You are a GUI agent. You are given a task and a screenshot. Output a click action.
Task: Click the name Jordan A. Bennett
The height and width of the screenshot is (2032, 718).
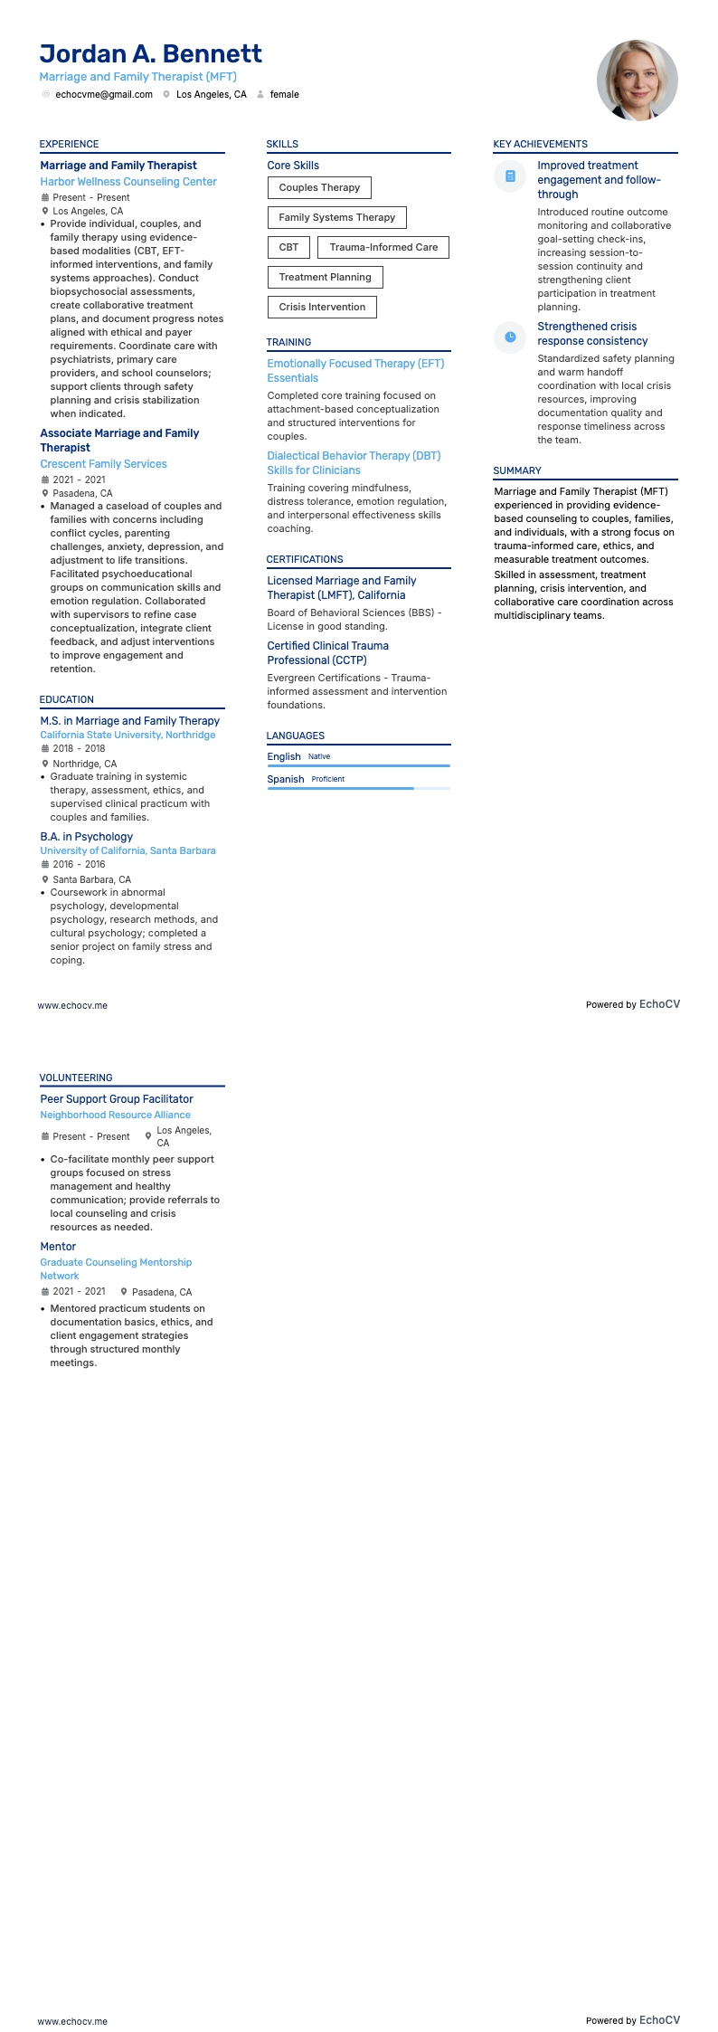click(150, 54)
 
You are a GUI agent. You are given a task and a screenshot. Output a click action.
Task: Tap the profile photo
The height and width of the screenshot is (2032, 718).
click(637, 81)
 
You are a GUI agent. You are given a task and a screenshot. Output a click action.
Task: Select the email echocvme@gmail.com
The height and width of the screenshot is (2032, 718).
click(103, 94)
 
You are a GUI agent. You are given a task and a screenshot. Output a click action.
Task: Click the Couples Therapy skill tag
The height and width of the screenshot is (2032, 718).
click(319, 188)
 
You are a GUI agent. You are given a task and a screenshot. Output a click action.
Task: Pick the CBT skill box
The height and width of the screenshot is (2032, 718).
click(288, 247)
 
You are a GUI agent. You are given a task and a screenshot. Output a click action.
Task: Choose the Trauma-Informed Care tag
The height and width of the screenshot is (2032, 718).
click(383, 247)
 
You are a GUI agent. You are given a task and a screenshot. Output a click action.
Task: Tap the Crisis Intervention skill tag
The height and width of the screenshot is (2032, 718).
click(322, 307)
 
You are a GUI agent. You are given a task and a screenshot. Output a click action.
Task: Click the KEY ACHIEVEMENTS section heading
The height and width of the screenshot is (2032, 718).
click(540, 144)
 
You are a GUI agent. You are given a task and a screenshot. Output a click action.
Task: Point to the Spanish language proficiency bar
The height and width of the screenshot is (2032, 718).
click(358, 789)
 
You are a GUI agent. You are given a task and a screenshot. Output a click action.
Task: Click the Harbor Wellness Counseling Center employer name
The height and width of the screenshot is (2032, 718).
click(128, 182)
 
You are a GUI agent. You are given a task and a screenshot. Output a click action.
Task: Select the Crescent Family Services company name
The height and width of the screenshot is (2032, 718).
click(103, 464)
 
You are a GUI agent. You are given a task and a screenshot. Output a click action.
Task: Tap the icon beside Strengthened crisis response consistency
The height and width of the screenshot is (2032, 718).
click(510, 337)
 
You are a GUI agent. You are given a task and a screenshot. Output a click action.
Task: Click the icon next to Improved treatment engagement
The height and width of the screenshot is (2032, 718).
click(510, 176)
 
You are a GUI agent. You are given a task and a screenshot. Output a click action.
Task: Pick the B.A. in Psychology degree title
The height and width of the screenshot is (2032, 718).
click(86, 837)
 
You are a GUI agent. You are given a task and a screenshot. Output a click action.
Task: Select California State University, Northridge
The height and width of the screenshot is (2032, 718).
click(128, 735)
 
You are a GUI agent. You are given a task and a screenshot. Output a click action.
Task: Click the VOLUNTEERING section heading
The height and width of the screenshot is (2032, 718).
click(76, 1078)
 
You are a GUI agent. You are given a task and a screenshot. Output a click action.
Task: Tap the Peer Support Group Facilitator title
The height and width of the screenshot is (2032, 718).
click(117, 1099)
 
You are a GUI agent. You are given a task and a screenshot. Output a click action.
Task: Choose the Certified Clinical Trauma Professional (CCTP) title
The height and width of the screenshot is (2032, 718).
click(327, 653)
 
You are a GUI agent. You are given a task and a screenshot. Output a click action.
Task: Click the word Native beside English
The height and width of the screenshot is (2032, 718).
click(319, 756)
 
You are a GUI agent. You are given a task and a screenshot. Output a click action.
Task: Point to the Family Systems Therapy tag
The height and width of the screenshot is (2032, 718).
click(336, 217)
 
